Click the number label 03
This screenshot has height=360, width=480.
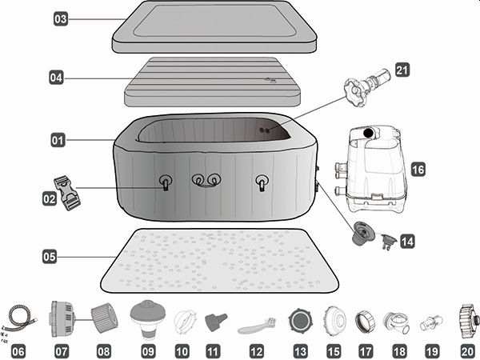point(61,17)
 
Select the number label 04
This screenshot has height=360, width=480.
point(55,78)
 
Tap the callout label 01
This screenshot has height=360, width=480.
point(58,141)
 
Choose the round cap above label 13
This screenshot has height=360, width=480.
point(299,320)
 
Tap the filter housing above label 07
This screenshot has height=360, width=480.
point(62,318)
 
